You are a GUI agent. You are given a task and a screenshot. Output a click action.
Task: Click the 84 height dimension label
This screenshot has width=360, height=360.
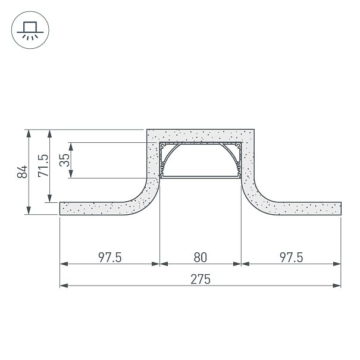click(22, 172)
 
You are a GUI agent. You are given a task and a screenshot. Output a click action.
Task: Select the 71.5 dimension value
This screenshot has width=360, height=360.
click(43, 165)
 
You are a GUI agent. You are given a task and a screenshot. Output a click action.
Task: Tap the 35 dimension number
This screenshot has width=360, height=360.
click(64, 160)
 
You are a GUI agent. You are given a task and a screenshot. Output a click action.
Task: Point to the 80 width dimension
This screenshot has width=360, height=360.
click(200, 258)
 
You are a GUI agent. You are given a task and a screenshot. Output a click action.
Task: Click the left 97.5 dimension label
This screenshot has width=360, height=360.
click(110, 258)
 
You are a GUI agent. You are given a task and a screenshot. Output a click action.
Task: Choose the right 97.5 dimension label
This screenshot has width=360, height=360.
click(292, 258)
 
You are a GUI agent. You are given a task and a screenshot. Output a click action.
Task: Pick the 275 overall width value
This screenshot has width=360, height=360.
click(201, 279)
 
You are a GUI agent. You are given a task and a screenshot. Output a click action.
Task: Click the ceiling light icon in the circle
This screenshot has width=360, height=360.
click(30, 30)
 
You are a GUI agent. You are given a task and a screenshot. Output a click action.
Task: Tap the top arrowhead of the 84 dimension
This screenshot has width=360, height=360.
click(29, 133)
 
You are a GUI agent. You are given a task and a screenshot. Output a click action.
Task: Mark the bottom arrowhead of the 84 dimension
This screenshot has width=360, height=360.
click(29, 210)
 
